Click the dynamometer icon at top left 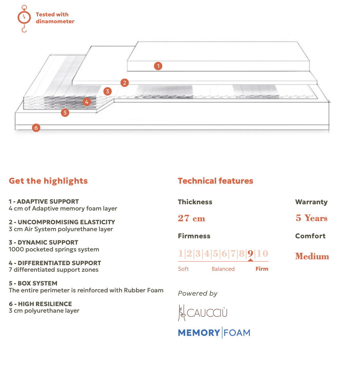click(24, 18)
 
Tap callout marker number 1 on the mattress click(158, 66)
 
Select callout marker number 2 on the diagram click(124, 82)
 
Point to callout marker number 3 click(107, 91)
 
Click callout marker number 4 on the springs click(86, 102)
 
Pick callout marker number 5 click(65, 113)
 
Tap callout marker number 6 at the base click(36, 128)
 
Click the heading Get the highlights click(48, 181)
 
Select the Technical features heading click(215, 181)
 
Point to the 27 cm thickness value click(191, 218)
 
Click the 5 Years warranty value click(311, 218)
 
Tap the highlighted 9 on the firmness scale click(250, 253)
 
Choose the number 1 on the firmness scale click(181, 253)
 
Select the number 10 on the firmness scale click(262, 253)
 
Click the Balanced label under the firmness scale click(223, 269)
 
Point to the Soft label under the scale click(183, 269)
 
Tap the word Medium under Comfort click(312, 256)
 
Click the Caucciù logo click(203, 313)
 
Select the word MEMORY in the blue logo click(199, 333)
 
